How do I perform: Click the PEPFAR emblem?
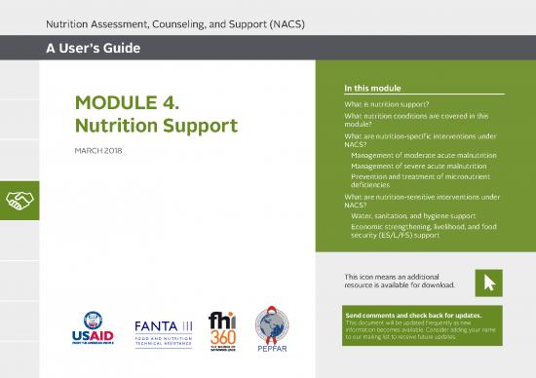coord(272,332)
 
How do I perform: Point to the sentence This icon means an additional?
coord(395,277)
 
